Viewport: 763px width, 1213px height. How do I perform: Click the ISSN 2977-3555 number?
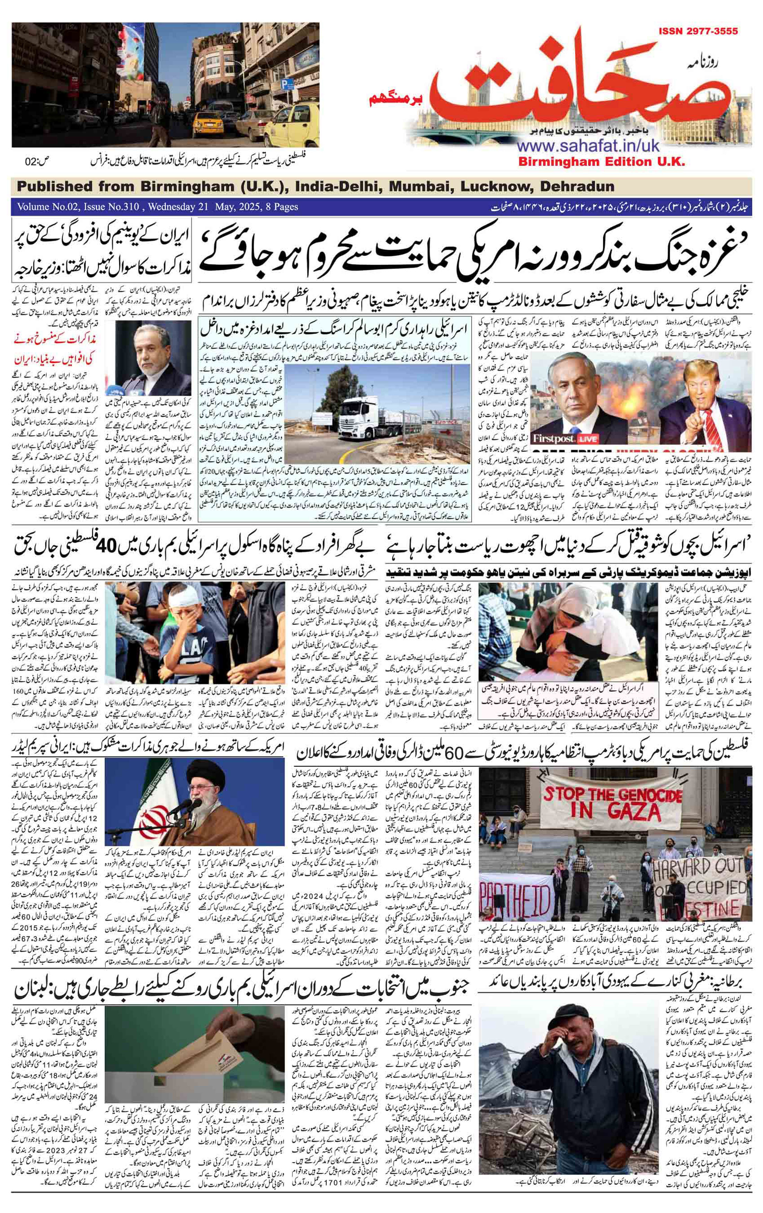tap(697, 31)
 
